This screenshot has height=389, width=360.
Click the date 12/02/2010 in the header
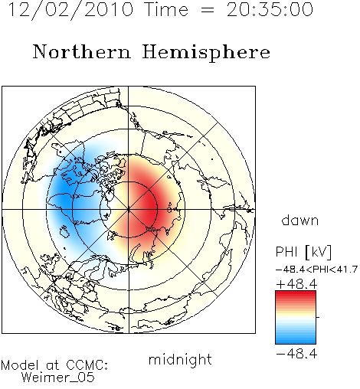pyautogui.click(x=70, y=10)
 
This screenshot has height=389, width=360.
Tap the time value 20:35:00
pyautogui.click(x=270, y=10)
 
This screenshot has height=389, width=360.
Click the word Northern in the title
pyautogui.click(x=82, y=51)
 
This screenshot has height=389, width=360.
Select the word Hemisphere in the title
pyautogui.click(x=206, y=53)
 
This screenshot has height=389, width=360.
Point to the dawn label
pyautogui.click(x=300, y=220)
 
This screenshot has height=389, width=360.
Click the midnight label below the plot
pyautogui.click(x=180, y=360)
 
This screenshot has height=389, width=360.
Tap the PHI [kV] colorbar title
pyautogui.click(x=303, y=252)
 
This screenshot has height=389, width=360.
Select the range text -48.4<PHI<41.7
pyautogui.click(x=316, y=270)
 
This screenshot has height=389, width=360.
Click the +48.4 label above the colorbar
pyautogui.click(x=296, y=284)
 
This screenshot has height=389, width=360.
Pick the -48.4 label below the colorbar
pyautogui.click(x=296, y=354)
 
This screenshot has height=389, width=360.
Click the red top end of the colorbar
pyautogui.click(x=296, y=293)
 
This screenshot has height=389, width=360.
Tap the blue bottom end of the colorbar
pyautogui.click(x=296, y=341)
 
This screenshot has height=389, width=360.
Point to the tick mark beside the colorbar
pyautogui.click(x=318, y=317)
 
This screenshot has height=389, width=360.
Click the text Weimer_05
pyautogui.click(x=58, y=378)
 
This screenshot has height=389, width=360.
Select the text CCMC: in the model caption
pyautogui.click(x=87, y=365)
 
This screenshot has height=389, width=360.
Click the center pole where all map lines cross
pyautogui.click(x=129, y=210)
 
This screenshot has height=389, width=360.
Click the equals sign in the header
pyautogui.click(x=208, y=10)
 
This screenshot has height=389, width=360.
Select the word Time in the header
pyautogui.click(x=166, y=10)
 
